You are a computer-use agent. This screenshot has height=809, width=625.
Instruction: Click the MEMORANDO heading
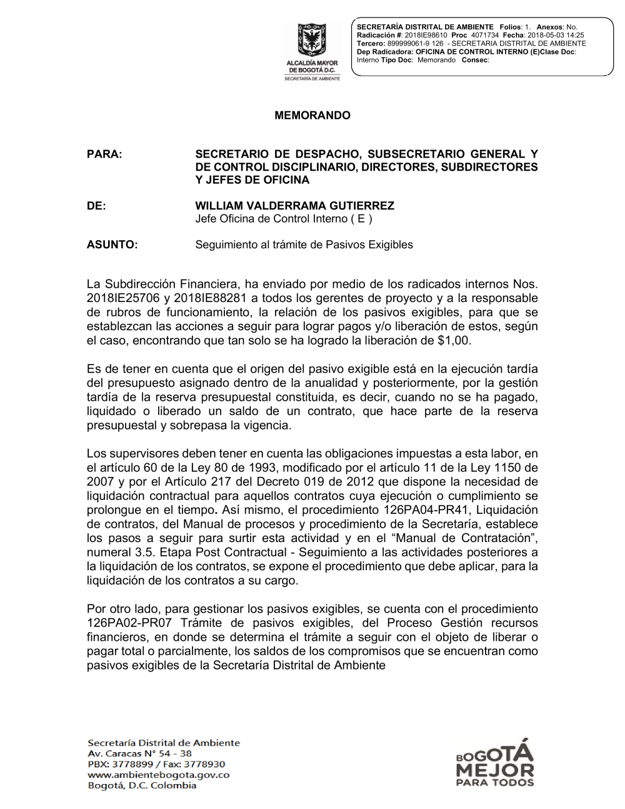pos(312,116)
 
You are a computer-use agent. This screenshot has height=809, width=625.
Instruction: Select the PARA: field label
pos(104,154)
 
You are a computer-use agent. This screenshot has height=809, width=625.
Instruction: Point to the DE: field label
pos(96,206)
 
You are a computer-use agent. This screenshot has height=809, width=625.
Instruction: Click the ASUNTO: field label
pos(112,244)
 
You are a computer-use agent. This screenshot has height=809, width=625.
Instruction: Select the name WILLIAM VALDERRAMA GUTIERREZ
pos(294,206)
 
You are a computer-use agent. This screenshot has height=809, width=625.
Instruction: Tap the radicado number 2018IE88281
pos(210,298)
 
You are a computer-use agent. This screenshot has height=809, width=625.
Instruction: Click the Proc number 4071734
pos(484,36)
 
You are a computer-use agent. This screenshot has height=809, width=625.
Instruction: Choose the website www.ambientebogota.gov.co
pos(158,775)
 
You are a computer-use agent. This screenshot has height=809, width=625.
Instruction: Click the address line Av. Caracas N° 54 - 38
pos(139,753)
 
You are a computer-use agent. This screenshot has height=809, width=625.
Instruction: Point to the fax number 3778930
pos(204,764)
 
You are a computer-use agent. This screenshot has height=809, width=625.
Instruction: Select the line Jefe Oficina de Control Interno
pos(283,219)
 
